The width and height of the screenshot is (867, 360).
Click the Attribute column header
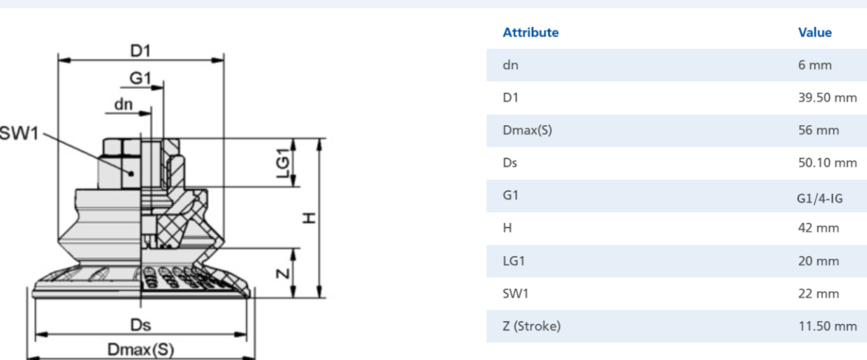[x=530, y=33]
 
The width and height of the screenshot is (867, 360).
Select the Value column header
[x=815, y=33]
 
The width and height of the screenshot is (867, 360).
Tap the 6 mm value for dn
[x=815, y=65]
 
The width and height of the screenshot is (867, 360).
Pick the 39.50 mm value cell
[x=828, y=97]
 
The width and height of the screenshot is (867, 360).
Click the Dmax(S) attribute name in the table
[x=527, y=131]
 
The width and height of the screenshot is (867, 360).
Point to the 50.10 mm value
[x=828, y=163]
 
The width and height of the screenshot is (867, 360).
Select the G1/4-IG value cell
[x=820, y=199]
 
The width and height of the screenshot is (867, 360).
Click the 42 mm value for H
[x=818, y=228]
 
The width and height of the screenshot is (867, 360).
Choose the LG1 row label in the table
[x=514, y=261]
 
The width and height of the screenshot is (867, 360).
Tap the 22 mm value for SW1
[x=818, y=294]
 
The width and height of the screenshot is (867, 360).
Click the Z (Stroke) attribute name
[x=531, y=326]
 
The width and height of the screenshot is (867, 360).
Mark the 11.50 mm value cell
[x=828, y=326]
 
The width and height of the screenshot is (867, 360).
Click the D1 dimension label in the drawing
[x=140, y=51]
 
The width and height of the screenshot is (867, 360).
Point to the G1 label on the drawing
[x=140, y=78]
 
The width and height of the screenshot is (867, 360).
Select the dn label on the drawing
[x=124, y=104]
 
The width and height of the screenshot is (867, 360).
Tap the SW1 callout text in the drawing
[x=19, y=133]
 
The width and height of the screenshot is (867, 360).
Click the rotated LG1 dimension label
[x=283, y=163]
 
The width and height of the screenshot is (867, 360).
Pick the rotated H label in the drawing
[x=309, y=218]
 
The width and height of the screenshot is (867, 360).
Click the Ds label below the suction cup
[x=140, y=325]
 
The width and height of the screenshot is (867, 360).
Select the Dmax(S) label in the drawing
[x=141, y=349]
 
